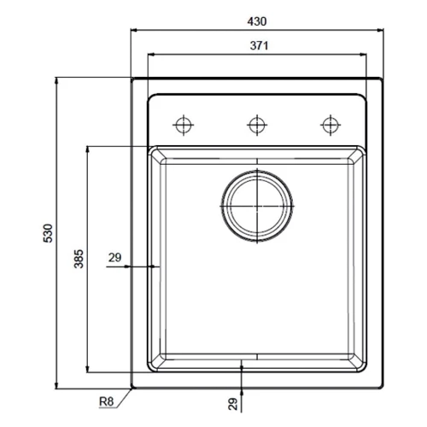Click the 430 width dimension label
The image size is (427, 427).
[255, 20]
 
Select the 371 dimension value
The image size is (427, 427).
[255, 46]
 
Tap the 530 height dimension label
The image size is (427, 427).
[49, 232]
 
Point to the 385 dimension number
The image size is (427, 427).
[78, 260]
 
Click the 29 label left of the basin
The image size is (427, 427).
[116, 256]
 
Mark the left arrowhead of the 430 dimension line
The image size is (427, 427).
[134, 30]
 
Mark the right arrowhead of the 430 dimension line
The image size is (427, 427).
[377, 30]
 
